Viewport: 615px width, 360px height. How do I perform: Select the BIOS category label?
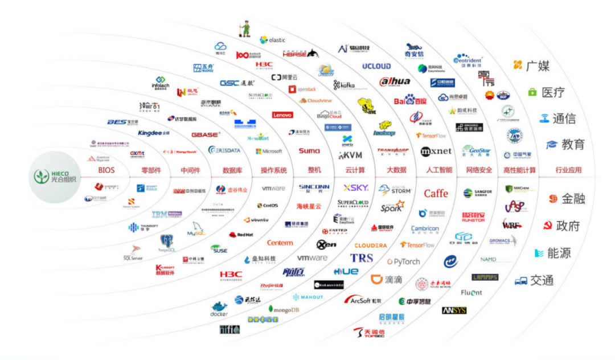click(106, 170)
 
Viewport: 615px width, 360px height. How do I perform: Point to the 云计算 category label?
click(355, 170)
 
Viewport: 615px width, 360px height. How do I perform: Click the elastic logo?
click(273, 40)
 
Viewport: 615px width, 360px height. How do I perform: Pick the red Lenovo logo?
click(282, 114)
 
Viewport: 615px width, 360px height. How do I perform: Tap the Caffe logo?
click(436, 193)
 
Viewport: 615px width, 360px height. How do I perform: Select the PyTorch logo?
click(403, 261)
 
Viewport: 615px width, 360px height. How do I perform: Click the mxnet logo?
click(436, 151)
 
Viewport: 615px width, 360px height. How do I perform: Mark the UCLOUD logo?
click(376, 66)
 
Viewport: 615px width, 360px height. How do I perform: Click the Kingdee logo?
click(154, 133)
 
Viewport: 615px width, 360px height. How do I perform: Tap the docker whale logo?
click(219, 309)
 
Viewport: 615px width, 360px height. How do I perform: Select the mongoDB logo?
click(284, 309)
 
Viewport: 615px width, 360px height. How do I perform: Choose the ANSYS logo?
click(454, 310)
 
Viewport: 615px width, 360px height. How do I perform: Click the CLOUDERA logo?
click(371, 246)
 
